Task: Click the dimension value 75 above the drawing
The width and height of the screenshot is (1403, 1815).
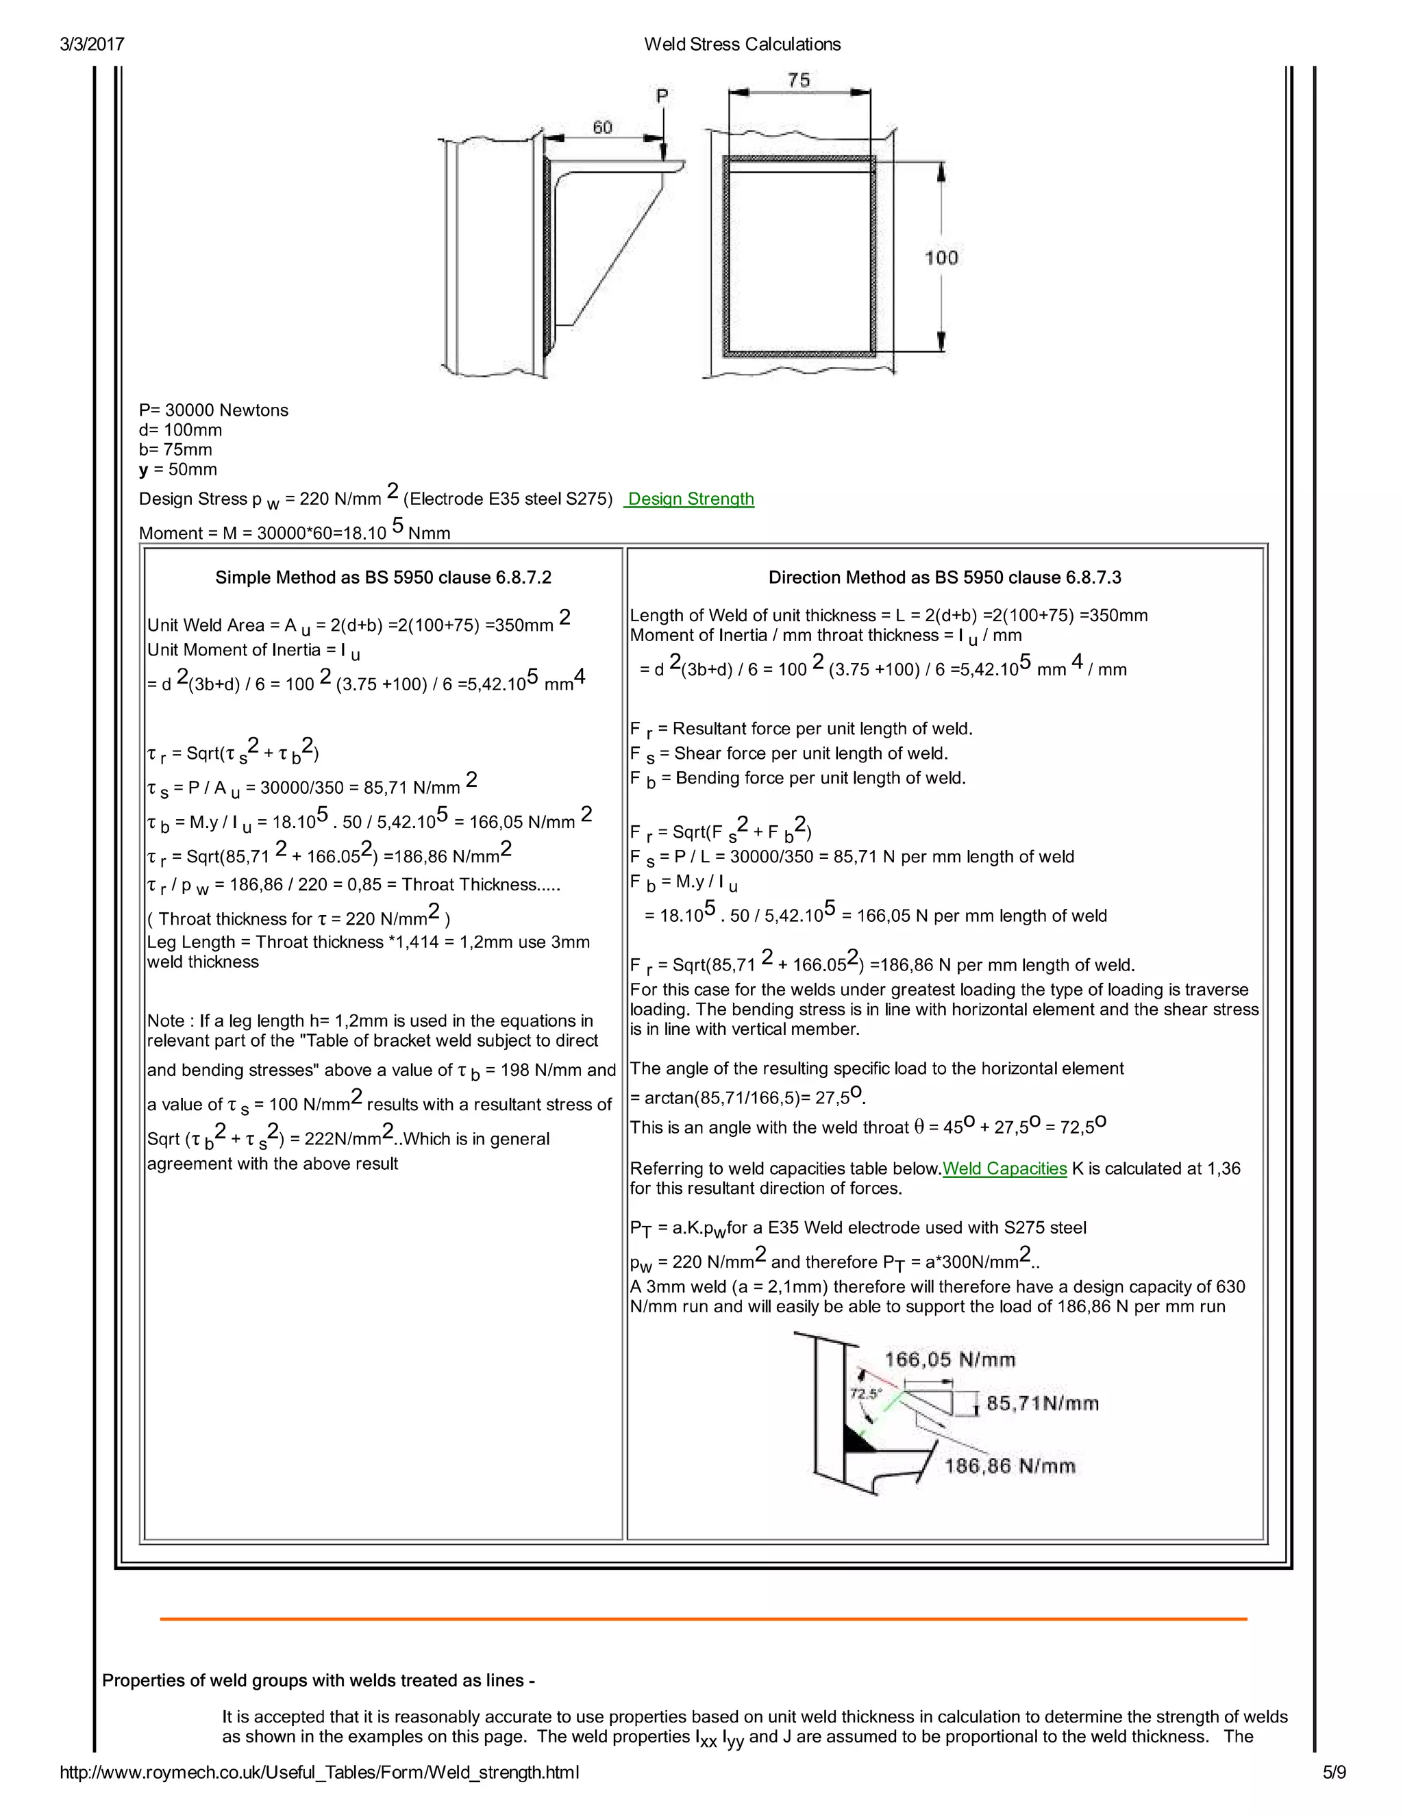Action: (x=798, y=79)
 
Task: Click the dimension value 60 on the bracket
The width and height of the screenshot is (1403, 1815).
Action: (x=603, y=127)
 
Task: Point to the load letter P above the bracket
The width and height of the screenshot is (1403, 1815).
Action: (x=662, y=97)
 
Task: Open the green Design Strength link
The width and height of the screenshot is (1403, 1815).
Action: (x=690, y=499)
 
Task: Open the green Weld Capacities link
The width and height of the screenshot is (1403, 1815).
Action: (x=1004, y=1168)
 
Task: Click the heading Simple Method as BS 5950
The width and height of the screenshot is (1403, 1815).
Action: (x=383, y=577)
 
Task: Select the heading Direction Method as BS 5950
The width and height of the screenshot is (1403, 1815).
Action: (x=944, y=577)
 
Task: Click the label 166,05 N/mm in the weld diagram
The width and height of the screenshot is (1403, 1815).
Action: (x=949, y=1360)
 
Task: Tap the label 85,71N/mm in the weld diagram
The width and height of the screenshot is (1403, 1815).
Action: (x=1042, y=1403)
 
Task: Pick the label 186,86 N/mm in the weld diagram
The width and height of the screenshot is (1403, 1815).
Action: (x=1009, y=1466)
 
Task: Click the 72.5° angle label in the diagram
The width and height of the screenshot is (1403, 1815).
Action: (x=865, y=1394)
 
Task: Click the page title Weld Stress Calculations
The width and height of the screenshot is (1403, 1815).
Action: (x=742, y=44)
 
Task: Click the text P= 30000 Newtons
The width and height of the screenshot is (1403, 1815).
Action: (x=214, y=410)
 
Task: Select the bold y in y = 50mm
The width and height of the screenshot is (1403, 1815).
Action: (x=144, y=471)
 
